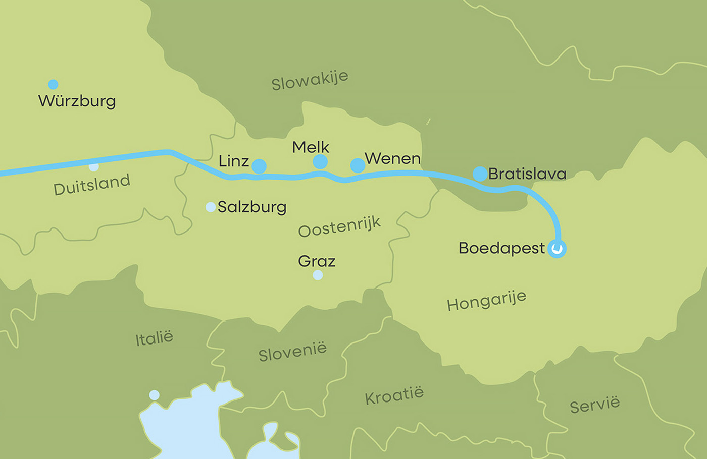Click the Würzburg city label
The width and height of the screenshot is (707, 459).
click(x=77, y=101)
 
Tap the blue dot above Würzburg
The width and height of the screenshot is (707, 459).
click(x=53, y=84)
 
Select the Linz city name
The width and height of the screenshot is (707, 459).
click(x=233, y=161)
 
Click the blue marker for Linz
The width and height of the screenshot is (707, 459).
click(x=259, y=166)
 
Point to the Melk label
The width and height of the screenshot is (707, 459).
click(x=311, y=147)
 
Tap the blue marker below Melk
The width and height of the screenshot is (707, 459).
click(x=320, y=162)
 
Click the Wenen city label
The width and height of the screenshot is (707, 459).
click(x=392, y=159)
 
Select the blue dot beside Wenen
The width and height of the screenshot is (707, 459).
click(x=358, y=165)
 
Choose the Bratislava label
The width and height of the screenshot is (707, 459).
click(x=527, y=174)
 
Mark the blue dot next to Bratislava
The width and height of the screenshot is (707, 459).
click(x=480, y=174)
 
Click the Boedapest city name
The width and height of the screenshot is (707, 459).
click(x=501, y=248)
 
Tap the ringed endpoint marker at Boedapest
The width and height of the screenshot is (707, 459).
click(x=557, y=249)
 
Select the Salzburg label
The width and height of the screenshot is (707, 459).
click(x=252, y=207)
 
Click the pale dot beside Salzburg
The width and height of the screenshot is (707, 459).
click(x=211, y=207)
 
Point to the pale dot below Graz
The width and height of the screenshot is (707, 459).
click(x=318, y=275)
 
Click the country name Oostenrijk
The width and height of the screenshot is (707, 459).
click(x=339, y=227)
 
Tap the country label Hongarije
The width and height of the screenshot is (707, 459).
click(x=486, y=301)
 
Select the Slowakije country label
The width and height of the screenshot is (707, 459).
click(x=310, y=80)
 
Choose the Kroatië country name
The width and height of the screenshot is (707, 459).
click(x=394, y=396)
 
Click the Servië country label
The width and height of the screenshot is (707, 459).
click(x=594, y=405)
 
